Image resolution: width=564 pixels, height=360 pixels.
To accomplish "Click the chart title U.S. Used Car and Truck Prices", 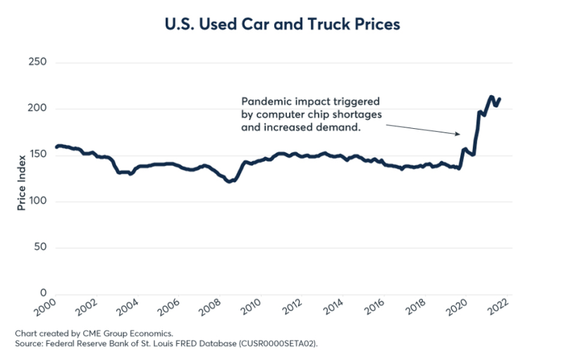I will (282, 24).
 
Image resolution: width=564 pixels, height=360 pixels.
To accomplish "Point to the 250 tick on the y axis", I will (36, 63).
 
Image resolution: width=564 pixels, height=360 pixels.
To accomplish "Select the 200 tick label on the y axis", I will (36, 108).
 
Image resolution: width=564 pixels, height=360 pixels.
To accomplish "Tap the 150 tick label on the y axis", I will (36, 155).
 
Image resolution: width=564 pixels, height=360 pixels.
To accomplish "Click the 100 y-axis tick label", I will (36, 201).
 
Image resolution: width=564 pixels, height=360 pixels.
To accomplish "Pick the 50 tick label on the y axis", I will (39, 247).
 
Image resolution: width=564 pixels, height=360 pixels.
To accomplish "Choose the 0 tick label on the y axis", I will (43, 294).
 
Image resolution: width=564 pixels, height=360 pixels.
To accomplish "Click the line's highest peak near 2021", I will (491, 97).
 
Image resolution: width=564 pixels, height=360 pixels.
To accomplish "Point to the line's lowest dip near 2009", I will (228, 182).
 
